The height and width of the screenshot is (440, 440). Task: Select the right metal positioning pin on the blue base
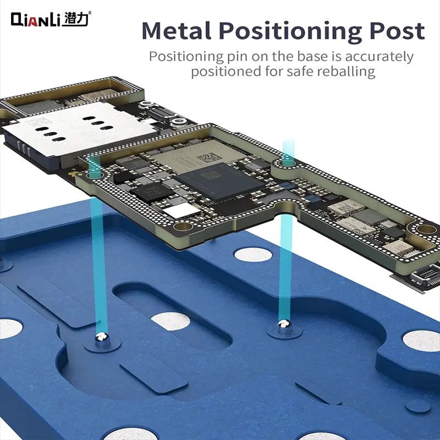click(283, 326)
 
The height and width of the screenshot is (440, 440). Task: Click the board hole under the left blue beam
click(92, 159)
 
